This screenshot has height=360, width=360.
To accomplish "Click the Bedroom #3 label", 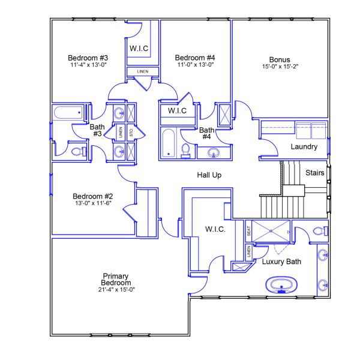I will click(x=88, y=58).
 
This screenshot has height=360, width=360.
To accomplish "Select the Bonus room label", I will click(x=280, y=60).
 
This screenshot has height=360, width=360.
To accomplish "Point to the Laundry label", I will click(x=303, y=147).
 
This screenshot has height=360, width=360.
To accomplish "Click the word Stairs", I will click(x=315, y=173).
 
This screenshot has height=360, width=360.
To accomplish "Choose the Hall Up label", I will click(x=209, y=175).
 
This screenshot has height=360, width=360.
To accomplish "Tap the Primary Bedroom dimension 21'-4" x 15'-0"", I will click(x=116, y=290).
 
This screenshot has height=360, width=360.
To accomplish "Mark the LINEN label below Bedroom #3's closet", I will click(x=143, y=72).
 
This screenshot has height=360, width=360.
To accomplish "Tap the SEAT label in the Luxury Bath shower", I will click(x=248, y=230).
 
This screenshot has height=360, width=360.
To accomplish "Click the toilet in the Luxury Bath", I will click(x=320, y=230).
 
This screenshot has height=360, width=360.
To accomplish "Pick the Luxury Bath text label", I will click(x=281, y=262).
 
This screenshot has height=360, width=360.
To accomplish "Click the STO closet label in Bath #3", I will click(x=131, y=133).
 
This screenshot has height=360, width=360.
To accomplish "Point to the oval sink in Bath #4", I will click(x=214, y=154).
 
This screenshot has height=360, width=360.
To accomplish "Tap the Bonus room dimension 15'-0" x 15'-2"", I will click(x=280, y=67).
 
